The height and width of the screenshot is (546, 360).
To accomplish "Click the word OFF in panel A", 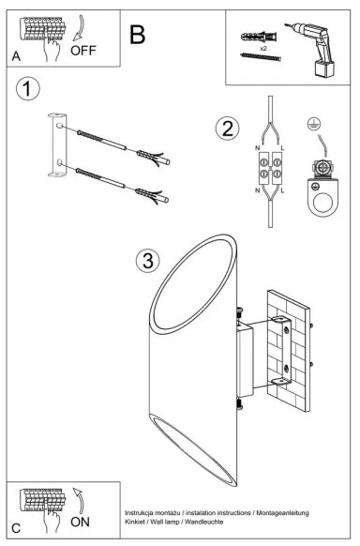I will pyautogui.click(x=84, y=51).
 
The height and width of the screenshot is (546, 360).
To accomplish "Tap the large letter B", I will pyautogui.click(x=138, y=35).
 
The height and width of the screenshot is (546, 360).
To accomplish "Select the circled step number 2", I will pyautogui.click(x=226, y=129).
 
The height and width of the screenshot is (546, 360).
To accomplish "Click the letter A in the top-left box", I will pyautogui.click(x=17, y=57).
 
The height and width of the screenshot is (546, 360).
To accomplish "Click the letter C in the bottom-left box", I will pyautogui.click(x=17, y=529).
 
